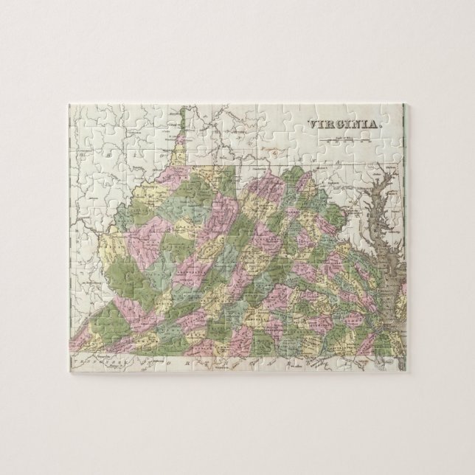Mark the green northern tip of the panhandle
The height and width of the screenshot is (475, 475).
point(181,118)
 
